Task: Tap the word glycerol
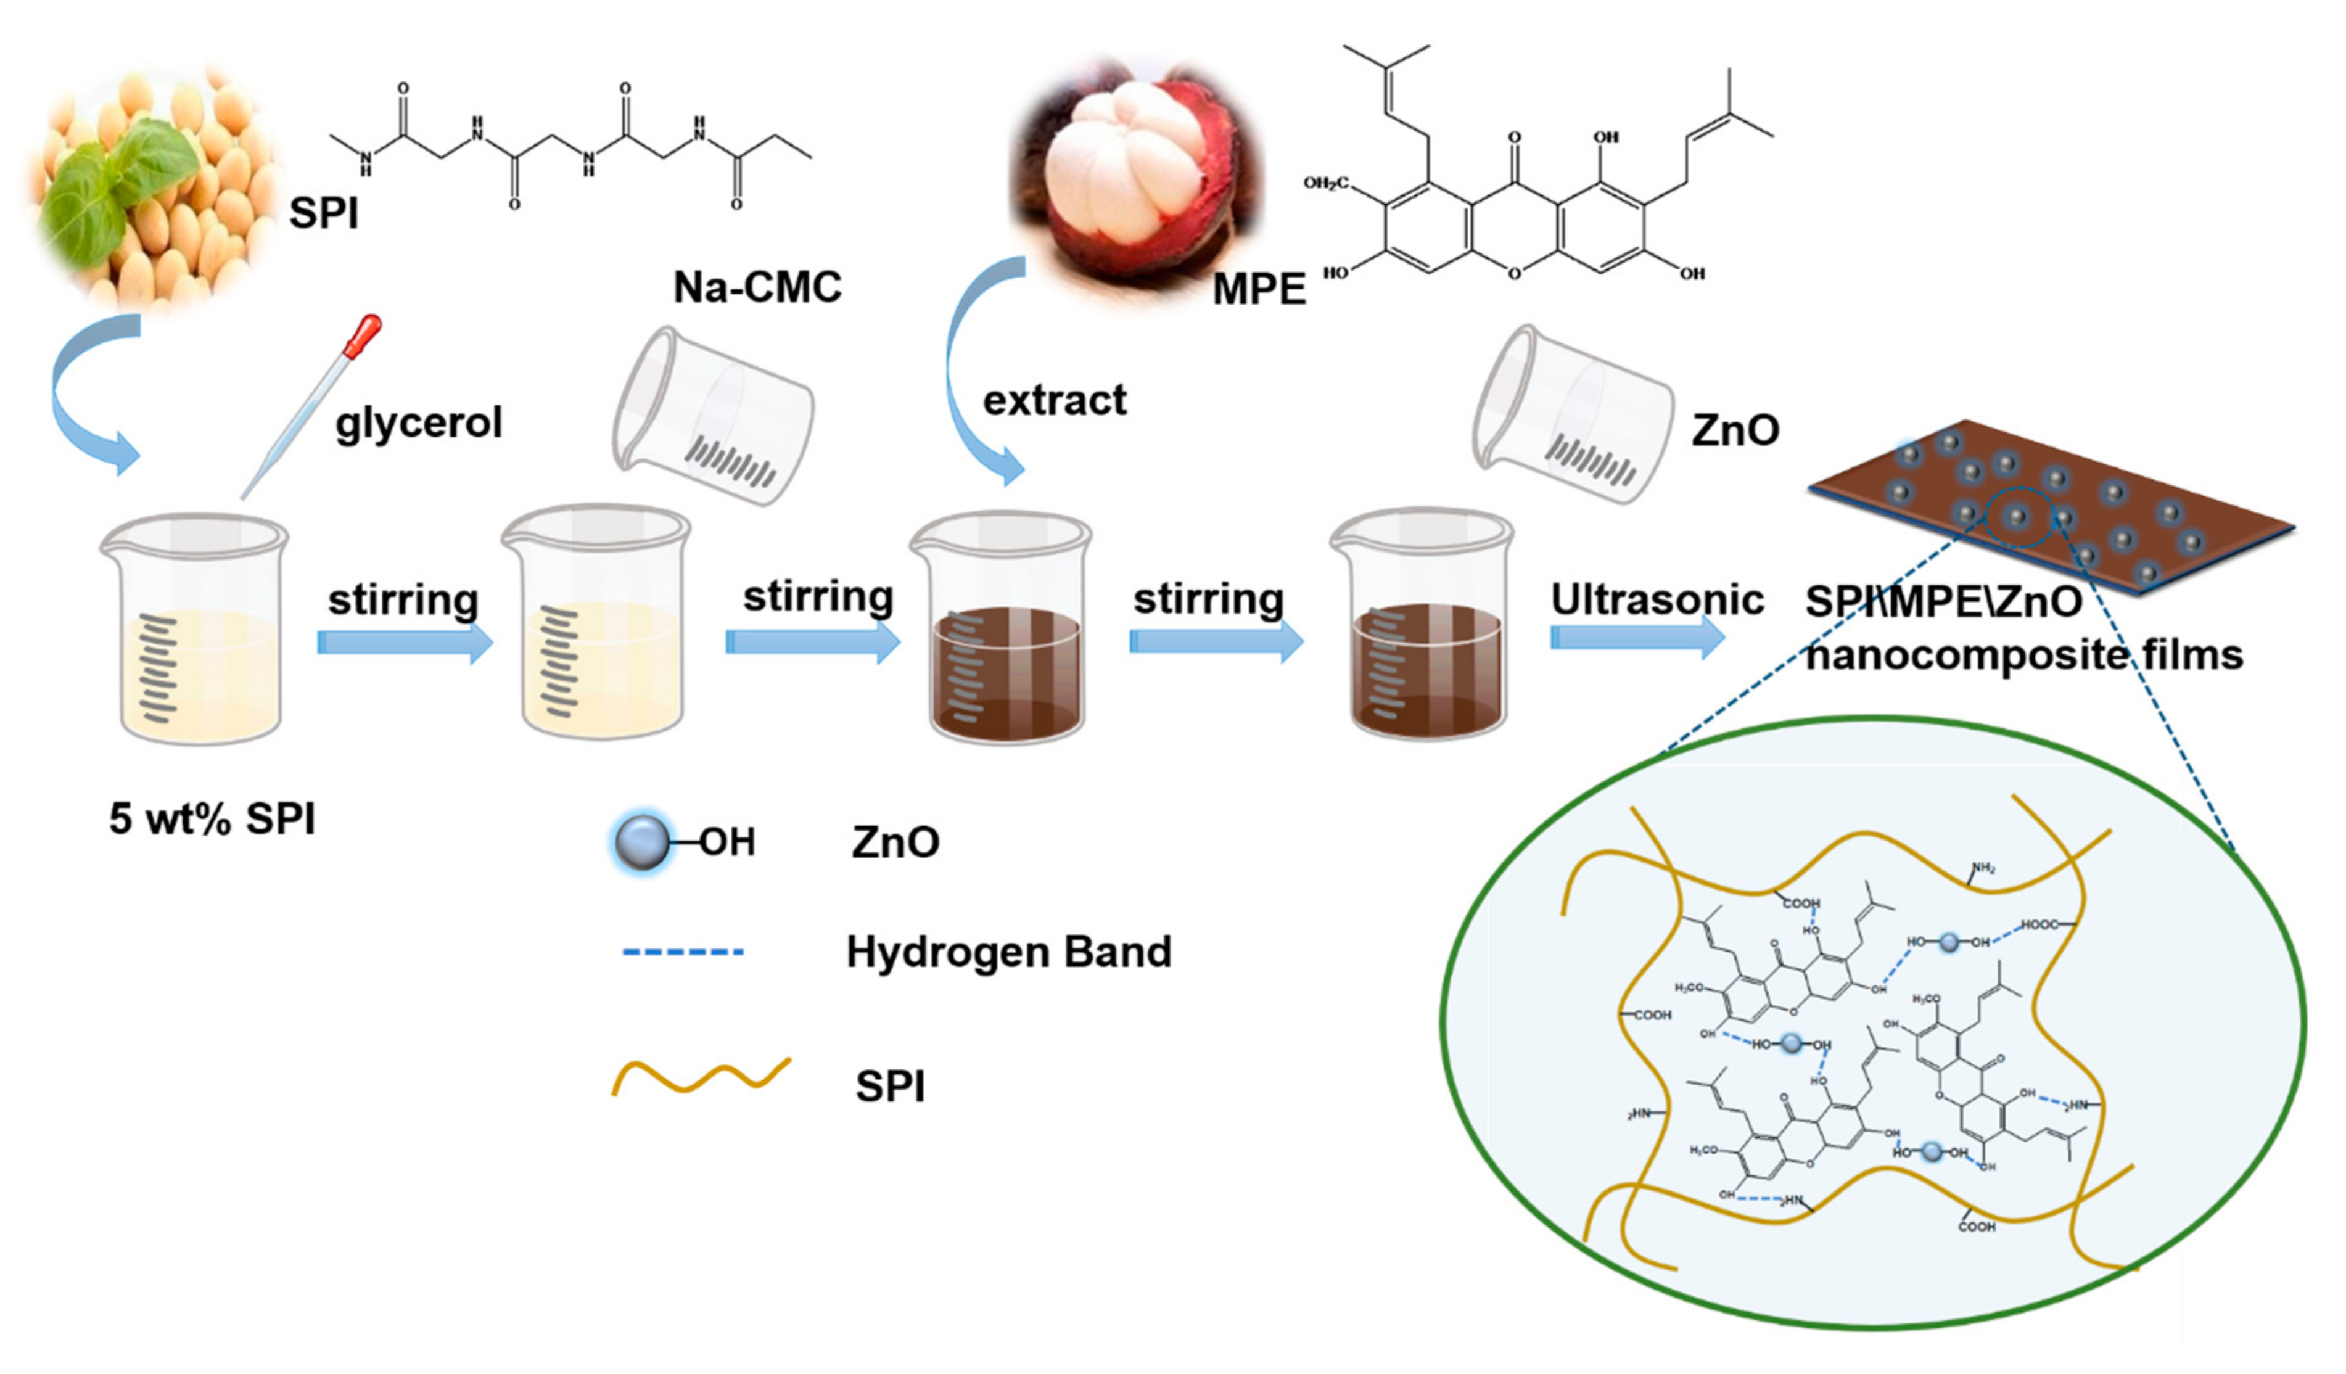419,424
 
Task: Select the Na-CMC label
757,287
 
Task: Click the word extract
1054,400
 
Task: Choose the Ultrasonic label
1656,601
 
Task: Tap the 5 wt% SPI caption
212,819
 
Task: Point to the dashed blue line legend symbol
682,952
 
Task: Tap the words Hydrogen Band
1008,952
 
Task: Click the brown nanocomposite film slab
2048,508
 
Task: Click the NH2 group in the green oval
1982,868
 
